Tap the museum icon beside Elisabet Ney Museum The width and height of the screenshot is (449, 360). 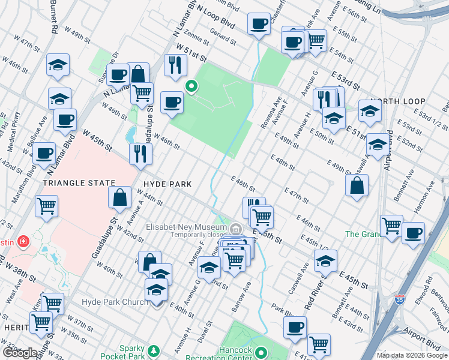point(236,229)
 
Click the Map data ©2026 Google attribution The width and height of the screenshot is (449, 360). point(412,355)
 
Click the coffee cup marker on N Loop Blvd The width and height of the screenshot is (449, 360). point(259,24)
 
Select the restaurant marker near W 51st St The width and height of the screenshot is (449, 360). point(175,65)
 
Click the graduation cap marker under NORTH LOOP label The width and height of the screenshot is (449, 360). point(370,110)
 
